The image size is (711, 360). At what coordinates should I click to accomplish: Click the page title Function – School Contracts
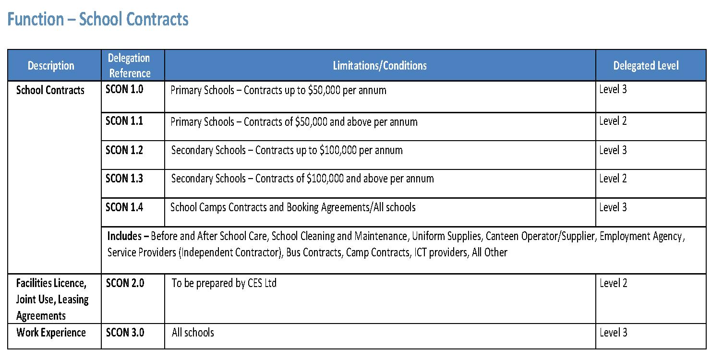[x=97, y=19]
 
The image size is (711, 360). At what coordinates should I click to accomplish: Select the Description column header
[x=51, y=66]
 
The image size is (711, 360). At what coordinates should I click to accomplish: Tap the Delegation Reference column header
[x=129, y=66]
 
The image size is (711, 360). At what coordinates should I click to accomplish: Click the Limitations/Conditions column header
[x=380, y=66]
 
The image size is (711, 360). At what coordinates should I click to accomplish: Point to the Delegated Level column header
[x=646, y=66]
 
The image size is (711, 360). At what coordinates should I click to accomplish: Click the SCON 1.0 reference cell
[x=124, y=89]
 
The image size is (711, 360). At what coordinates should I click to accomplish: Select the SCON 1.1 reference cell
[x=124, y=121]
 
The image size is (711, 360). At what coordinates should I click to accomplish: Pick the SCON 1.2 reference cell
[x=124, y=150]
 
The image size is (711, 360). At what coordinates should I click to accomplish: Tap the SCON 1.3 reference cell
[x=124, y=179]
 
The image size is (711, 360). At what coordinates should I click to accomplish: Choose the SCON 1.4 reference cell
[x=124, y=207]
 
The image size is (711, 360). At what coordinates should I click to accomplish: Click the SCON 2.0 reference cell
[x=125, y=283]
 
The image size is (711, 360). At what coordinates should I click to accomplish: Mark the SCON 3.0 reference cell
[x=125, y=333]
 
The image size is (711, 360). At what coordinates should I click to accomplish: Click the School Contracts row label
[x=50, y=90]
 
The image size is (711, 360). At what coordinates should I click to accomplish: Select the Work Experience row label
[x=51, y=333]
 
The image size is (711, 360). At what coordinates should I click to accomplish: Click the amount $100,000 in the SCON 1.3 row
[x=325, y=179]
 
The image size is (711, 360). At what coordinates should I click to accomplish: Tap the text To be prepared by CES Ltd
[x=224, y=283]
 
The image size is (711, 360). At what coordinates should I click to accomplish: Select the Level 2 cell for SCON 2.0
[x=613, y=283]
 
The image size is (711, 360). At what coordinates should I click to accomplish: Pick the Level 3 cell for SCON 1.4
[x=613, y=207]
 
